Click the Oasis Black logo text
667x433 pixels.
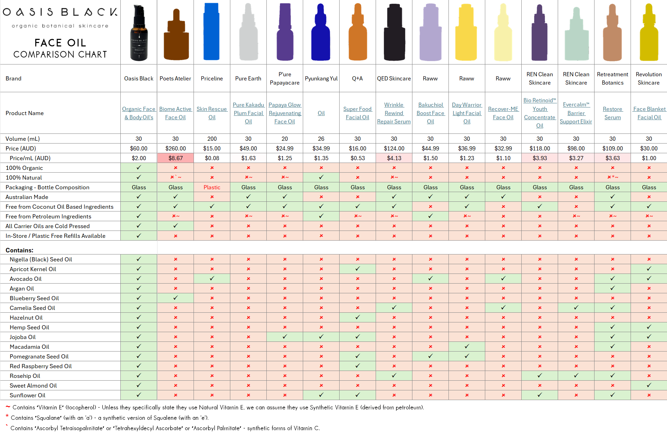tap(60, 12)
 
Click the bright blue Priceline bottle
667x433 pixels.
tap(212, 32)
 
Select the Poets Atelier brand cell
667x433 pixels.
tap(175, 79)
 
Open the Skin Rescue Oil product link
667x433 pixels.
tap(212, 113)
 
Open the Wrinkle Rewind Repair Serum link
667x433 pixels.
tap(394, 113)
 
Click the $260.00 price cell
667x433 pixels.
tap(175, 148)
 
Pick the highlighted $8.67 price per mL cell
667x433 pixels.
tap(175, 158)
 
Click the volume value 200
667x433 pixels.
tap(212, 139)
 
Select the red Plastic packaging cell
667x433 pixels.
tap(212, 187)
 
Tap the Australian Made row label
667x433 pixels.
tap(27, 197)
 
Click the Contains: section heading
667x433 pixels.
tap(19, 250)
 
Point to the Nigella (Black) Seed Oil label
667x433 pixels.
tap(41, 259)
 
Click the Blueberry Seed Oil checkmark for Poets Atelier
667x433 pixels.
tap(175, 298)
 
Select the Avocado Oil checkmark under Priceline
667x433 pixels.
tap(212, 278)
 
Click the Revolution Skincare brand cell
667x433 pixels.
tap(648, 79)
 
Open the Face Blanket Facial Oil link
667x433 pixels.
tap(649, 113)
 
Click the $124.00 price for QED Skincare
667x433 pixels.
tap(394, 148)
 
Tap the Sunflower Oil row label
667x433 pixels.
tap(27, 395)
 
